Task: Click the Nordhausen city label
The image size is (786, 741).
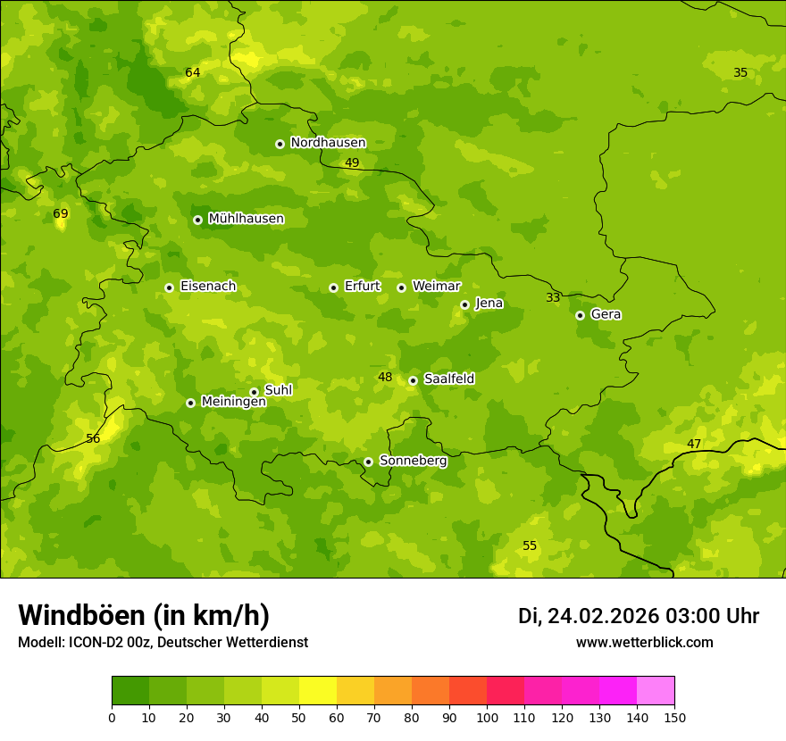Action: pos(328,143)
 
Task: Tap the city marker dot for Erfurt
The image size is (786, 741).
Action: pos(333,287)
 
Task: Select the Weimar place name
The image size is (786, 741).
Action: pos(436,287)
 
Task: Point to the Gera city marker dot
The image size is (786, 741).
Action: pos(580,315)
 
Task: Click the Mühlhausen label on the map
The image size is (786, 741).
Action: pos(246,219)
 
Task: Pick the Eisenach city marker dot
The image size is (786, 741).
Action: pos(169,287)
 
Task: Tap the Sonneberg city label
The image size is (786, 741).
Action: pos(413,461)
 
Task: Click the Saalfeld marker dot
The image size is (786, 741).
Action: pos(413,380)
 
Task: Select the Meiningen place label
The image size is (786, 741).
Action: pos(233,402)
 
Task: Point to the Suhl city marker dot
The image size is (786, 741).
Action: pos(254,392)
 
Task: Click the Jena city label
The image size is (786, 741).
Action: pos(489,304)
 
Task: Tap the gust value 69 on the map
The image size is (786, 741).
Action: pos(61,214)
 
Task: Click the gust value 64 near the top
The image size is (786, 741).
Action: pos(193,73)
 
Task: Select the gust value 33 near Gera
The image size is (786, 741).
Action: pos(553,298)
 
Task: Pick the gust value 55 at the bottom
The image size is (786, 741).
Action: pos(530,546)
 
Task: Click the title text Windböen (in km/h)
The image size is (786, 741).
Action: pos(144,615)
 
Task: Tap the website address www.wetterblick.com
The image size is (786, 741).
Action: pos(644,643)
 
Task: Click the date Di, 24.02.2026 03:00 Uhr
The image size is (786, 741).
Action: pos(638,616)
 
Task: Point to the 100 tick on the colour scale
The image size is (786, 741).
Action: pos(487,717)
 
